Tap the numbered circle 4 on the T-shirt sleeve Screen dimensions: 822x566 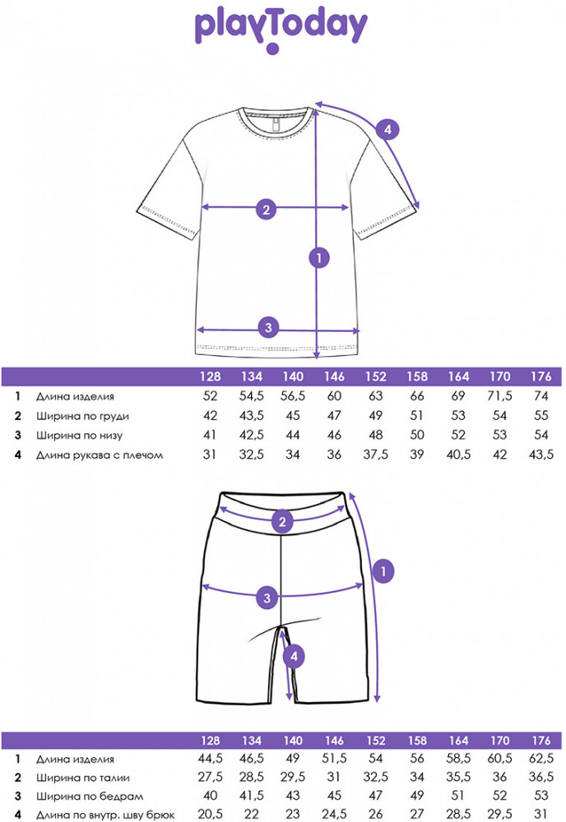tap(388, 128)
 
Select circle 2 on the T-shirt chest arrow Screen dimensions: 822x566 tap(265, 209)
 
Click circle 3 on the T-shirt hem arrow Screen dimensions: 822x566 tap(265, 328)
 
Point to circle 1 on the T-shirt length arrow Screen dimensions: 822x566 tap(318, 257)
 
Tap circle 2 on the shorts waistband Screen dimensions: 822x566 tap(282, 521)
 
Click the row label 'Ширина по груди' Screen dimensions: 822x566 tap(83, 415)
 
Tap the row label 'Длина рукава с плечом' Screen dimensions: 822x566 tap(100, 454)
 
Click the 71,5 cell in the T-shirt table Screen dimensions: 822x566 tap(500, 396)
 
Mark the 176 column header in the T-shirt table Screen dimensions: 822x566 tap(540, 377)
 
